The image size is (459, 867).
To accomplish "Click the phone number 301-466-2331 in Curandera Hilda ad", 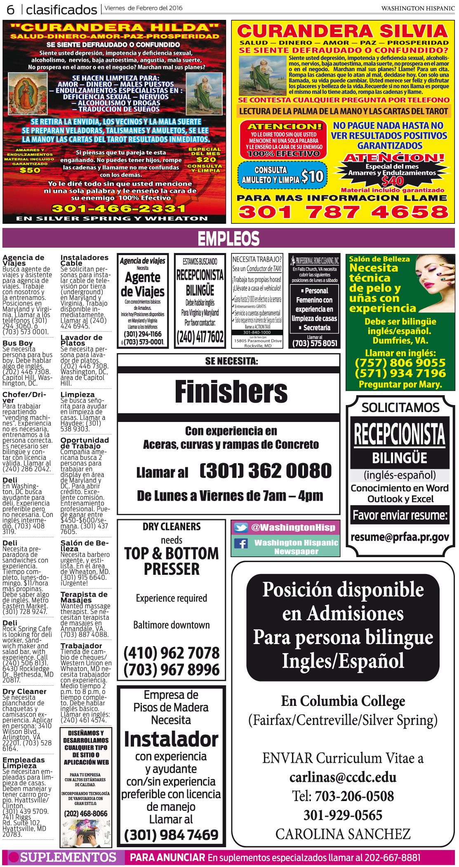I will (118, 209).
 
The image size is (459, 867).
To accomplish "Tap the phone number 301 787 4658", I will (343, 212).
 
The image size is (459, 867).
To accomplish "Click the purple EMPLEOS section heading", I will (228, 239).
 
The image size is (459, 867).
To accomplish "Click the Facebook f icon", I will (241, 544).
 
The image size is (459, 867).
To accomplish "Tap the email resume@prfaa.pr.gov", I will (400, 537).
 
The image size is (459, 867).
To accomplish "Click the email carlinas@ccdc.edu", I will (343, 777).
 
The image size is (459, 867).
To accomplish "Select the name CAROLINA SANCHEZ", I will (343, 834).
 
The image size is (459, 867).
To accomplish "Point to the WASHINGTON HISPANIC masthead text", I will (418, 8).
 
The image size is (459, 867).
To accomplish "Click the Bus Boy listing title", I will (17, 343).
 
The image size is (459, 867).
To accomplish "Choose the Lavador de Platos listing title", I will (81, 340).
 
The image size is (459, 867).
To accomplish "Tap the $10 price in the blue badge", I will (312, 177).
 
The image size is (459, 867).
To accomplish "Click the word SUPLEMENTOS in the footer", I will (68, 857).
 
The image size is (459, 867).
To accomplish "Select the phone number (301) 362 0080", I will (266, 471).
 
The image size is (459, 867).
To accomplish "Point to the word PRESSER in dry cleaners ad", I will (172, 569).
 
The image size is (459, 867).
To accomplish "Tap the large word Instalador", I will (171, 739).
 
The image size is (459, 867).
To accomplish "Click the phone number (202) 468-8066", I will (85, 813).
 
